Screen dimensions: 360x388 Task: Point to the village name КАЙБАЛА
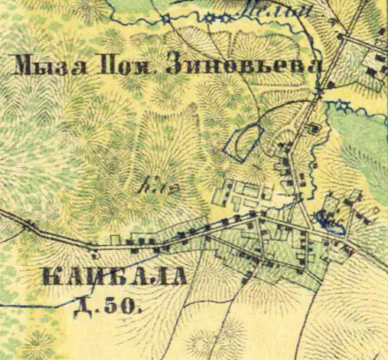pyautogui.click(x=122, y=277)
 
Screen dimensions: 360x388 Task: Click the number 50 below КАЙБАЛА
pyautogui.click(x=123, y=308)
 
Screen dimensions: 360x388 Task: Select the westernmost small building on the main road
pyautogui.click(x=30, y=224)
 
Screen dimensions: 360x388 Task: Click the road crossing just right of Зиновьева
pyautogui.click(x=319, y=92)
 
